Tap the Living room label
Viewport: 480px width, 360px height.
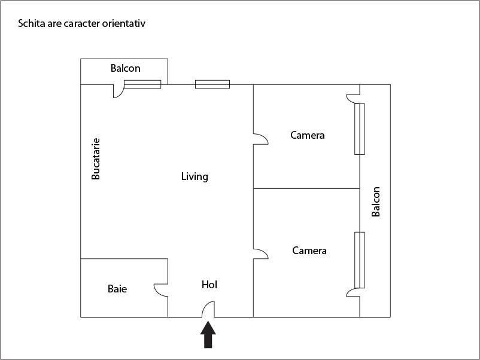pyautogui.click(x=195, y=176)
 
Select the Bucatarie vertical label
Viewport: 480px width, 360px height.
pyautogui.click(x=96, y=159)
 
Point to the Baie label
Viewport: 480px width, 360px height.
pyautogui.click(x=117, y=289)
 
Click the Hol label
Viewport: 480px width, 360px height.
pyautogui.click(x=209, y=285)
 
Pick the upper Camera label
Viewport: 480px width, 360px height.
pyautogui.click(x=307, y=135)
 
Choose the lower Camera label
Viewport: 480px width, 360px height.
pyautogui.click(x=309, y=251)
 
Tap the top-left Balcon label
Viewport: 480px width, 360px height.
pyautogui.click(x=125, y=68)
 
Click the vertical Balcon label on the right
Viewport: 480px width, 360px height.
pyautogui.click(x=376, y=202)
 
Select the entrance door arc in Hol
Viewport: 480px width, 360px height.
pyautogui.click(x=207, y=309)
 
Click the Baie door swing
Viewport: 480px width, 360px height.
pyautogui.click(x=160, y=289)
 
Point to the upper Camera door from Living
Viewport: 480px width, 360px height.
pyautogui.click(x=260, y=139)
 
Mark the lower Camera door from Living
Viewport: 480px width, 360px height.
pyautogui.click(x=260, y=254)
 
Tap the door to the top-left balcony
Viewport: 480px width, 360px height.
pyautogui.click(x=118, y=91)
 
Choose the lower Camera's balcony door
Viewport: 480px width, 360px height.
pyautogui.click(x=353, y=291)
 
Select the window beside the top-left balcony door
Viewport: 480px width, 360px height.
pyautogui.click(x=142, y=84)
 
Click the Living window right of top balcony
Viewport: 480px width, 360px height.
pyautogui.click(x=212, y=84)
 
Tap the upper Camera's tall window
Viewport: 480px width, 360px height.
pyautogui.click(x=360, y=129)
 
